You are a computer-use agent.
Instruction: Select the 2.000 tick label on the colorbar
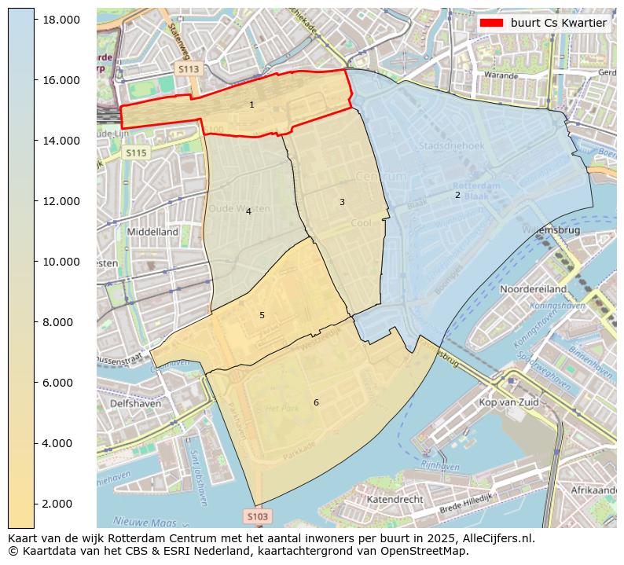click(x=61, y=504)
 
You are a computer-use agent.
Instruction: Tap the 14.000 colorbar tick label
click(x=61, y=141)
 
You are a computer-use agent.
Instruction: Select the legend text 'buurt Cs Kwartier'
click(x=558, y=23)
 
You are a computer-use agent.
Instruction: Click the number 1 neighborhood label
click(x=251, y=105)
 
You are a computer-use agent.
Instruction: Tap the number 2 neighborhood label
click(x=457, y=195)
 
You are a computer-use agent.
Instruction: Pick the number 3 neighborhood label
click(x=342, y=202)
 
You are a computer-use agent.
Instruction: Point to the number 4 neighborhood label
click(x=248, y=211)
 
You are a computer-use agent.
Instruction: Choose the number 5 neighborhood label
click(x=262, y=315)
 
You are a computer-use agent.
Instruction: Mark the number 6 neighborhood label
click(x=316, y=402)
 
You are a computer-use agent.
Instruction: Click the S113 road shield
click(x=189, y=69)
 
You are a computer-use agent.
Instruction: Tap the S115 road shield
click(x=136, y=153)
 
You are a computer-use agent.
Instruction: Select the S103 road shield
click(x=257, y=516)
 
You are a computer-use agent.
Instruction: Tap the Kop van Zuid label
click(x=508, y=402)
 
